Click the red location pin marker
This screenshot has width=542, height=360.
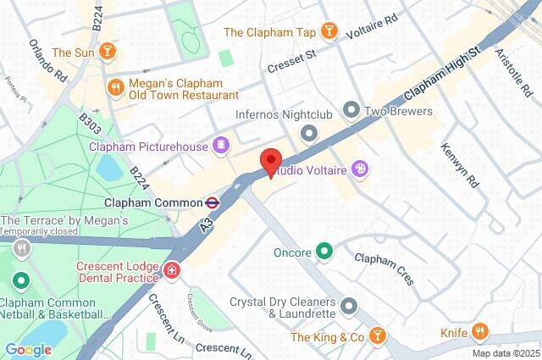pos(270,161)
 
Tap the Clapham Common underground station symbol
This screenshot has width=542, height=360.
pos(213,202)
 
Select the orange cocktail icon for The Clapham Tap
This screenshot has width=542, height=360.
pos(328,32)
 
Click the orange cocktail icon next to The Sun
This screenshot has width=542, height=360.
pos(107,53)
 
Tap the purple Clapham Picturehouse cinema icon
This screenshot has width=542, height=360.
pos(221,146)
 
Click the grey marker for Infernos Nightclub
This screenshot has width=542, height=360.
pos(309,132)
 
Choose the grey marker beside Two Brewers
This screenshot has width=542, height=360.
pos(351,110)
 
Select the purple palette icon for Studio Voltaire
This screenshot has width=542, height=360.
pos(361,170)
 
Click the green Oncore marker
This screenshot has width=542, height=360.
pos(324,252)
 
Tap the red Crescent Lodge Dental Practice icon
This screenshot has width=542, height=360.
pos(172,272)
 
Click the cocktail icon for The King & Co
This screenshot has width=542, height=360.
pos(378,337)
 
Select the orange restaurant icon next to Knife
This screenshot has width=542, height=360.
pos(481,332)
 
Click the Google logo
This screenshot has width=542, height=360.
pos(28,349)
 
